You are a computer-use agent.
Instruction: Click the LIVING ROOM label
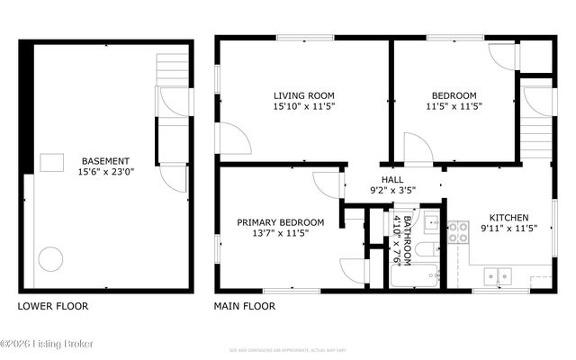point(304,94)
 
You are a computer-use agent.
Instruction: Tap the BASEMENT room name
point(105,161)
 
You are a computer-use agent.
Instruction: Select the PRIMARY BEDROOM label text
point(280,222)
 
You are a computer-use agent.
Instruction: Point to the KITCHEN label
point(508,217)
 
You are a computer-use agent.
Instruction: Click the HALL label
point(392,178)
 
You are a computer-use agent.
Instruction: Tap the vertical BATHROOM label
point(408,238)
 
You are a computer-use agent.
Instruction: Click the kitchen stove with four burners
point(458,232)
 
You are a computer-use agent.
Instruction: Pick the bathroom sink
point(431,219)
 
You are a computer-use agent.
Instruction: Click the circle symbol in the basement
point(50,259)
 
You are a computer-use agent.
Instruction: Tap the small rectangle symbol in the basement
point(51,162)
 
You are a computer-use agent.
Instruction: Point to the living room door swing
point(236,138)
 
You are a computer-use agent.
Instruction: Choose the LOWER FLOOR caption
point(53,306)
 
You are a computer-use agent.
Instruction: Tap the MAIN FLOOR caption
point(244,306)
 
